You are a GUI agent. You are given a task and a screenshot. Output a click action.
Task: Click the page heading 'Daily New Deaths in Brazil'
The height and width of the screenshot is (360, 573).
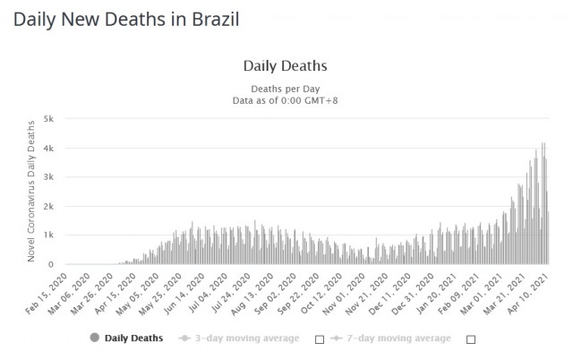(x=125, y=18)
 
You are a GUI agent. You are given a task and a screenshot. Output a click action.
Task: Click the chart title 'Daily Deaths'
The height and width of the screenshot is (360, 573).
(x=285, y=66)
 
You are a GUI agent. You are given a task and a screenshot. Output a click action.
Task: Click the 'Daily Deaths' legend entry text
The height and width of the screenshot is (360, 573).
(x=134, y=339)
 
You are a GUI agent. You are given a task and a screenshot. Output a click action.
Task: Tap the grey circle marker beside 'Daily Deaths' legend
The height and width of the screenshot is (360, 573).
(x=95, y=339)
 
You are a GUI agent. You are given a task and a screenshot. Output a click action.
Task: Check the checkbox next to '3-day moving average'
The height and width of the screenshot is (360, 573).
(x=318, y=339)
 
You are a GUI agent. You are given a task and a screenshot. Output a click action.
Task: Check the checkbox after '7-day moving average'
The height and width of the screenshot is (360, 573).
(x=471, y=339)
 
